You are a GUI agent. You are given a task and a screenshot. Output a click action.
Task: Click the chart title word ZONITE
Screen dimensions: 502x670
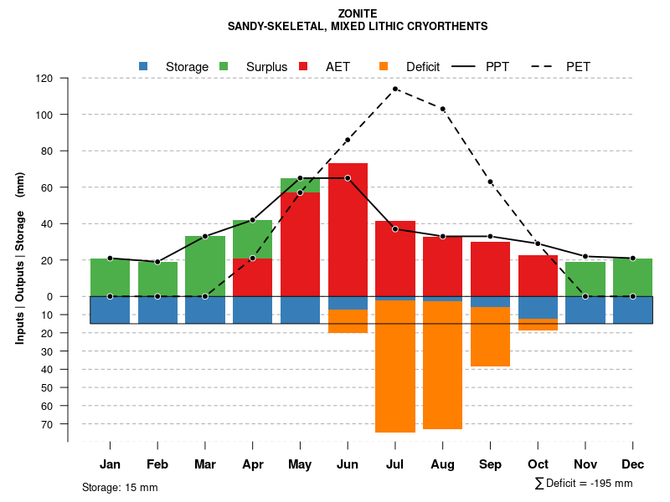pos(358,13)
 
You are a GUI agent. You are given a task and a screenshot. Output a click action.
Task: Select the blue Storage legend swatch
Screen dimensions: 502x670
pos(143,66)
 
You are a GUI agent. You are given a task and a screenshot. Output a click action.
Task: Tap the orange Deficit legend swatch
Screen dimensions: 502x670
pos(384,66)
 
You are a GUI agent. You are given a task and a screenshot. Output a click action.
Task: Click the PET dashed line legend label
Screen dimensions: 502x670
pos(578,66)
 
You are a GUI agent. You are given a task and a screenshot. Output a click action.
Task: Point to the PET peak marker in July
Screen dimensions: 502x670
pos(395,89)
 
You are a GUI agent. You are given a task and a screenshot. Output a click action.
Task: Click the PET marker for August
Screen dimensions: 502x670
pos(443,109)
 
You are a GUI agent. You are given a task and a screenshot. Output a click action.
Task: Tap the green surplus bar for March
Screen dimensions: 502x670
pos(205,266)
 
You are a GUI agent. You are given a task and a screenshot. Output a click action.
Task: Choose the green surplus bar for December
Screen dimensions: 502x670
pos(633,277)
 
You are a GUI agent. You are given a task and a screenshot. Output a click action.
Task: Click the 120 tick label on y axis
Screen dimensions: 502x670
pos(44,79)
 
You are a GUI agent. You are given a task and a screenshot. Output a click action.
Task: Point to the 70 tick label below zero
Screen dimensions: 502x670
pos(47,424)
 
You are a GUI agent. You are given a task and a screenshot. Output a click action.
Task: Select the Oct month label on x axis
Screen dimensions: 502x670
pos(538,464)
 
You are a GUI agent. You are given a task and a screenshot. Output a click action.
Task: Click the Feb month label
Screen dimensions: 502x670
pos(157,464)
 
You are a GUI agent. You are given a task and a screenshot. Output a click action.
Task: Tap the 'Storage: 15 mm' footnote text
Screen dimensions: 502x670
pos(120,487)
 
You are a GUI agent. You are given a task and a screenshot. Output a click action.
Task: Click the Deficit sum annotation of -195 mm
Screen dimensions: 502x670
pos(583,484)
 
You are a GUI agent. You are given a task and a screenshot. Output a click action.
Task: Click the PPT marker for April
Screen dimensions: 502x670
pos(253,220)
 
